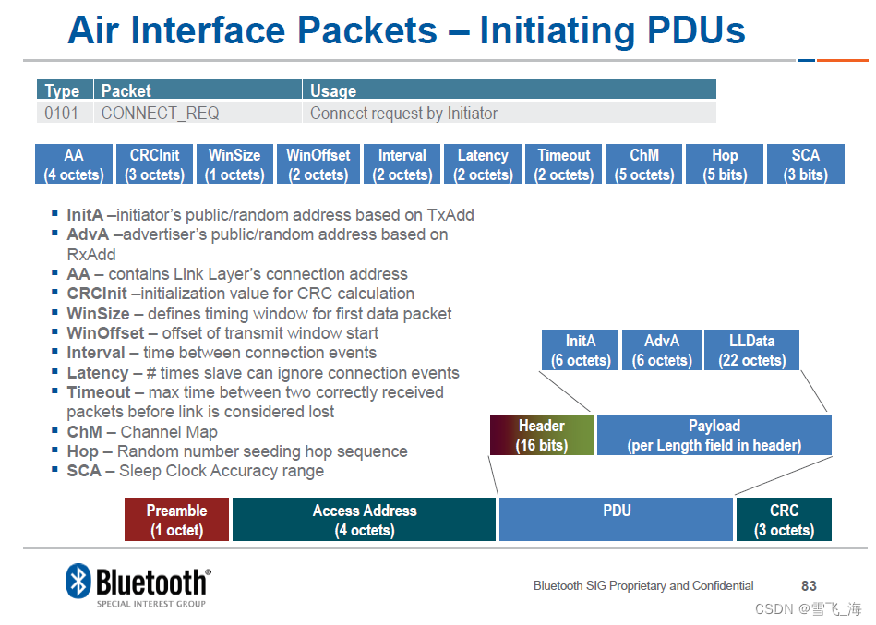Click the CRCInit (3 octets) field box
[154, 164]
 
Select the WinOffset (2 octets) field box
[318, 164]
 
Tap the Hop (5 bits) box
[725, 164]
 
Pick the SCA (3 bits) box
[805, 164]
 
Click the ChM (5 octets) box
[644, 164]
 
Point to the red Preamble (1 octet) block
[176, 520]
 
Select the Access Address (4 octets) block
[365, 520]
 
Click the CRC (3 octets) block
[784, 520]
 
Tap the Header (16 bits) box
[541, 435]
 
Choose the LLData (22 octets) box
[751, 350]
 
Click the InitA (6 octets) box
[581, 350]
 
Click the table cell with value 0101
[62, 114]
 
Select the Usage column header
[333, 90]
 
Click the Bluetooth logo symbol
[78, 582]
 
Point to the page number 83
[809, 586]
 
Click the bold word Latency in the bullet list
[97, 373]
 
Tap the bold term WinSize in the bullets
[98, 314]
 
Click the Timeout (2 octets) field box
[563, 164]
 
